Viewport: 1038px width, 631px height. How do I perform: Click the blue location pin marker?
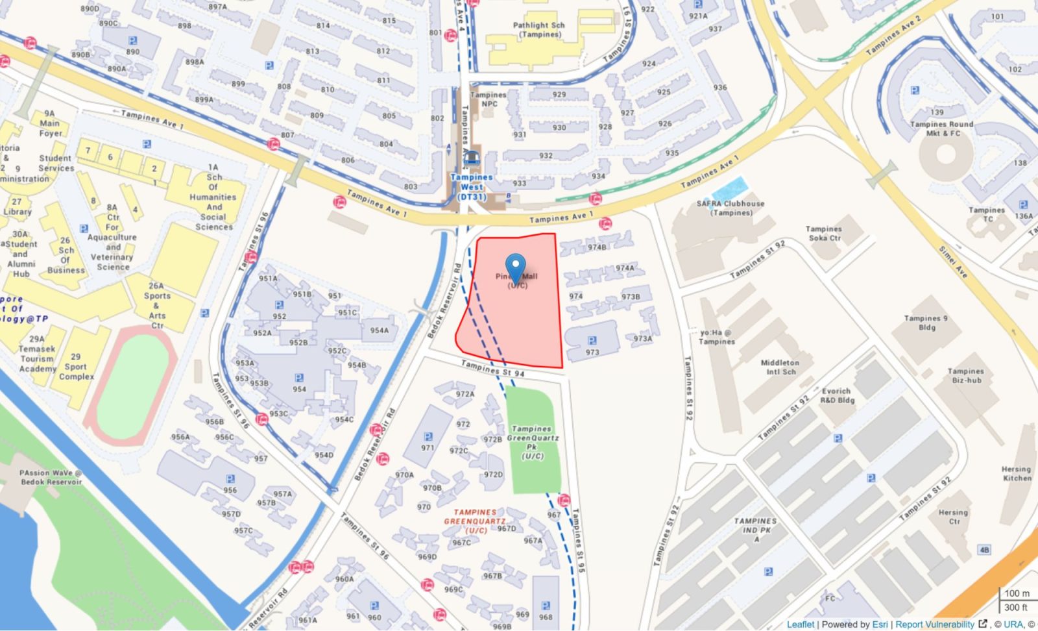point(516,267)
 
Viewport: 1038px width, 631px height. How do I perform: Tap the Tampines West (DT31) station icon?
point(472,158)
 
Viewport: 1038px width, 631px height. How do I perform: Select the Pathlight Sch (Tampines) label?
point(538,30)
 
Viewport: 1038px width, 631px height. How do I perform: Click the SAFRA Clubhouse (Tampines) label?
point(730,208)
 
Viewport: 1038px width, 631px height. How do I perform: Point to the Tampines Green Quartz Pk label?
point(532,442)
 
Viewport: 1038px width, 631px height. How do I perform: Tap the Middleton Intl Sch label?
point(779,367)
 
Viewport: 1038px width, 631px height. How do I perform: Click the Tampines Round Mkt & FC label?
point(941,129)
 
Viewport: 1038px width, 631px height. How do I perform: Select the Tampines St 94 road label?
point(492,369)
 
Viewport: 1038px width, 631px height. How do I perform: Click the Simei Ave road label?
point(953,262)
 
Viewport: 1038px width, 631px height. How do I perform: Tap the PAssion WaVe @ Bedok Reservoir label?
point(51,477)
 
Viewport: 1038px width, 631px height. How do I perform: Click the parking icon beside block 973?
point(592,340)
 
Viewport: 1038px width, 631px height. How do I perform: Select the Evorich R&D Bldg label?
point(837,395)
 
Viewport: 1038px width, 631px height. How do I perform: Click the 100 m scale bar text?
point(1017,593)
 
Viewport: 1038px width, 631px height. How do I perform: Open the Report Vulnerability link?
point(935,624)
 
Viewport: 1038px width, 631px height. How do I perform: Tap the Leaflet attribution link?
point(800,624)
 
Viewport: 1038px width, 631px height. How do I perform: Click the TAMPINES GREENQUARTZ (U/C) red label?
point(475,521)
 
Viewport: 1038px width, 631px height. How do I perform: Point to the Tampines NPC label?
point(489,99)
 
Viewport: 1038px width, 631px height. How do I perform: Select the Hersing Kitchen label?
point(1016,473)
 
